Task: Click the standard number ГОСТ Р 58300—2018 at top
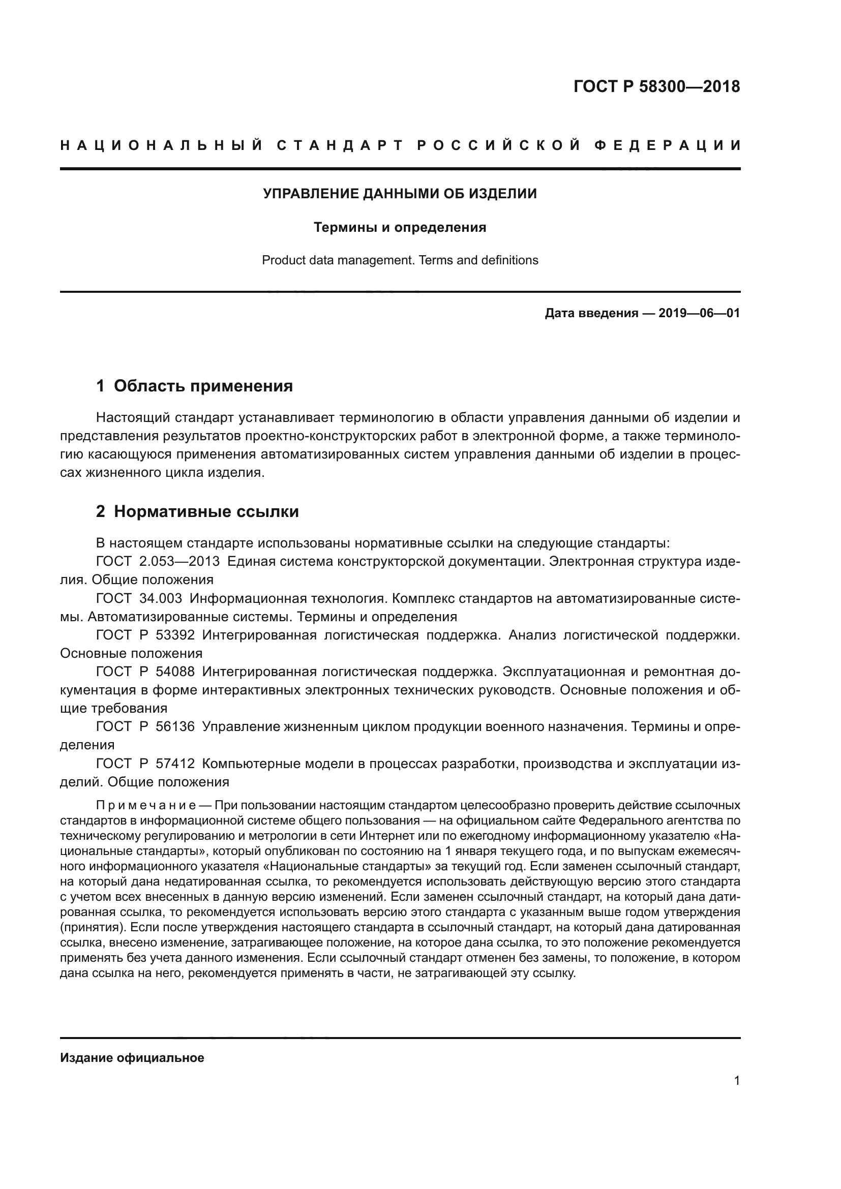point(656,86)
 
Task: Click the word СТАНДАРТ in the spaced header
point(340,145)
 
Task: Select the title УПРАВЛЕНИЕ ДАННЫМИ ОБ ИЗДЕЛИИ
point(400,194)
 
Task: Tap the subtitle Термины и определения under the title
point(400,227)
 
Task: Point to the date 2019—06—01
point(699,313)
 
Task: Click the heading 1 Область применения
point(195,386)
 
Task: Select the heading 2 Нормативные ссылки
point(197,512)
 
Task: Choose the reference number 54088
point(175,672)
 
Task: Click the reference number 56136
point(175,726)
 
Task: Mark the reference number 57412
point(175,764)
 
